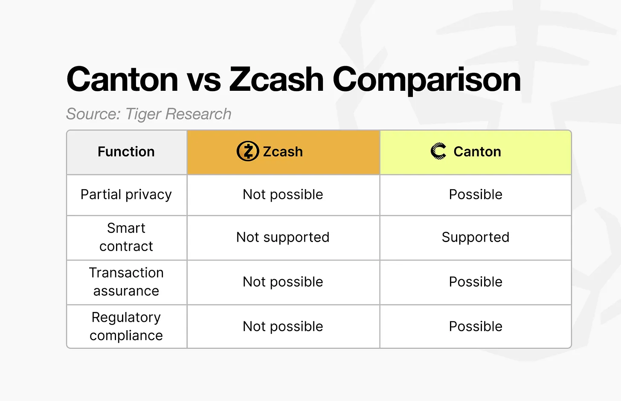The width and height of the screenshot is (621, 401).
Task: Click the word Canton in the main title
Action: pyautogui.click(x=122, y=80)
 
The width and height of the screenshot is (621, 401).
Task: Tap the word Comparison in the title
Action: pyautogui.click(x=427, y=80)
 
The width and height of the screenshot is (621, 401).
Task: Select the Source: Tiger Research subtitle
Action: pyautogui.click(x=148, y=114)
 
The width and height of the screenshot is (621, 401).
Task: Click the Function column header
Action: pyautogui.click(x=126, y=152)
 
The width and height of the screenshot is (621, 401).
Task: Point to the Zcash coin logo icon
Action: pyautogui.click(x=248, y=151)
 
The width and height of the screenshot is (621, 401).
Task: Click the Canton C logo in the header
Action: pyautogui.click(x=438, y=151)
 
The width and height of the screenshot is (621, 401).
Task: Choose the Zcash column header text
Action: pyautogui.click(x=283, y=152)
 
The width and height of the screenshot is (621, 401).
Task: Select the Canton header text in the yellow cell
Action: pyautogui.click(x=477, y=152)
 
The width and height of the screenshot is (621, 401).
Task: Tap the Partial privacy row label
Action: pyautogui.click(x=126, y=194)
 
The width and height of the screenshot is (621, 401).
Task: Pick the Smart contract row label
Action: pyautogui.click(x=126, y=237)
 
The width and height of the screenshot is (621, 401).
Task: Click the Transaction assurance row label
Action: pyautogui.click(x=126, y=282)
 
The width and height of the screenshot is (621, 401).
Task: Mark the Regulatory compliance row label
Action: pyautogui.click(x=126, y=326)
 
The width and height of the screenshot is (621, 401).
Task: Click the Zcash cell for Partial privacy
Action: pyautogui.click(x=283, y=194)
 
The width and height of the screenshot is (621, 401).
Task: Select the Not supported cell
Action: pyautogui.click(x=283, y=237)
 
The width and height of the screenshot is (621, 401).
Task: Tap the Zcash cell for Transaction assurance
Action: pyautogui.click(x=283, y=282)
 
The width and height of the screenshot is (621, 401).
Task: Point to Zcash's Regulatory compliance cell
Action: pyautogui.click(x=283, y=326)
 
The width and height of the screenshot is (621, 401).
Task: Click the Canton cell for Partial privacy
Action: pyautogui.click(x=476, y=194)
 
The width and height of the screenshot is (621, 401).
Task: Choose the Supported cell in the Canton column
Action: pyautogui.click(x=476, y=237)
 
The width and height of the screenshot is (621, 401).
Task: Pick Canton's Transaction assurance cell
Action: pyautogui.click(x=476, y=282)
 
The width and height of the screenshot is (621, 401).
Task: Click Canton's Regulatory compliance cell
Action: pyautogui.click(x=476, y=326)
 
